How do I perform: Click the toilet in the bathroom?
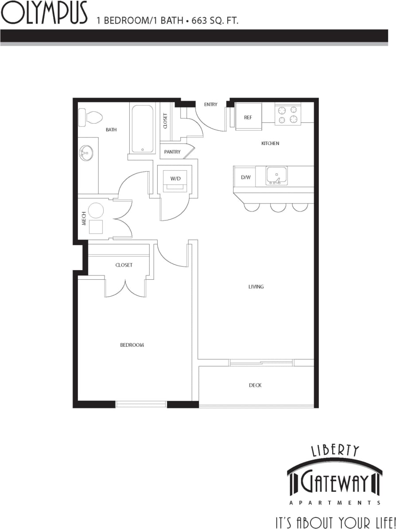91,118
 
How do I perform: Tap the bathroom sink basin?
87,154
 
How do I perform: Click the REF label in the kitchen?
248,118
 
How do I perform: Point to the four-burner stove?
288,114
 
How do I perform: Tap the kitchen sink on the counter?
276,176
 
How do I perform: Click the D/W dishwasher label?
246,177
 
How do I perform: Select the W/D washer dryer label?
175,178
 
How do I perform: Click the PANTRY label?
172,152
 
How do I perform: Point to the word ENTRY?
211,105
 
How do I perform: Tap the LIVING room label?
256,287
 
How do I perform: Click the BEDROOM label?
132,345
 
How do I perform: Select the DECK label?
255,385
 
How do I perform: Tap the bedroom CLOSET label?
124,265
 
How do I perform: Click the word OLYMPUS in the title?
44,14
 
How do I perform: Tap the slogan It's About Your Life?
334,521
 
